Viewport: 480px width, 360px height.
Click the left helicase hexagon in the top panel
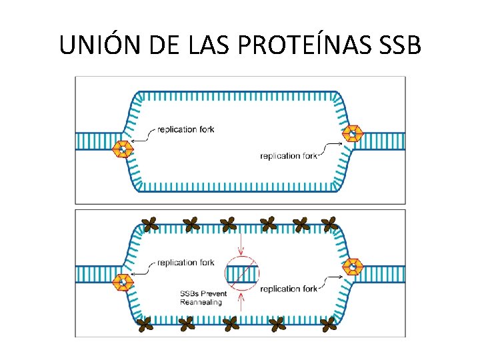tap(122, 149)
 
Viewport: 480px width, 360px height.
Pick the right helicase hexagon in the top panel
tap(353, 133)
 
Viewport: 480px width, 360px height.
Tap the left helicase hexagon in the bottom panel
tap(122, 282)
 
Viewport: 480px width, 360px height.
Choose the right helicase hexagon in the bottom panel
tap(353, 267)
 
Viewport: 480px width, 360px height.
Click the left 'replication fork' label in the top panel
tap(186, 129)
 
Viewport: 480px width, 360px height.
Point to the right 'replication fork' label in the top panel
tap(288, 156)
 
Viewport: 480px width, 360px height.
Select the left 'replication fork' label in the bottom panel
tap(186, 263)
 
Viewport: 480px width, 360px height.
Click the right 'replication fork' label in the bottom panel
tap(288, 289)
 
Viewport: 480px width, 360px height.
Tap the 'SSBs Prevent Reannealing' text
tap(203, 297)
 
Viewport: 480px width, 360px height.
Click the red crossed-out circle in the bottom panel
tap(242, 273)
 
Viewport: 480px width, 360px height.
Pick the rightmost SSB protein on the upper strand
tap(329, 225)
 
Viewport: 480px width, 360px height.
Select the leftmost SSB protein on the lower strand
tap(143, 325)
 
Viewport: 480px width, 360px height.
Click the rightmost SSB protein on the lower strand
tap(328, 325)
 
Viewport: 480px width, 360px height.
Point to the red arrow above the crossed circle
tap(242, 243)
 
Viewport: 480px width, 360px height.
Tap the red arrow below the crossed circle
tap(242, 303)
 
